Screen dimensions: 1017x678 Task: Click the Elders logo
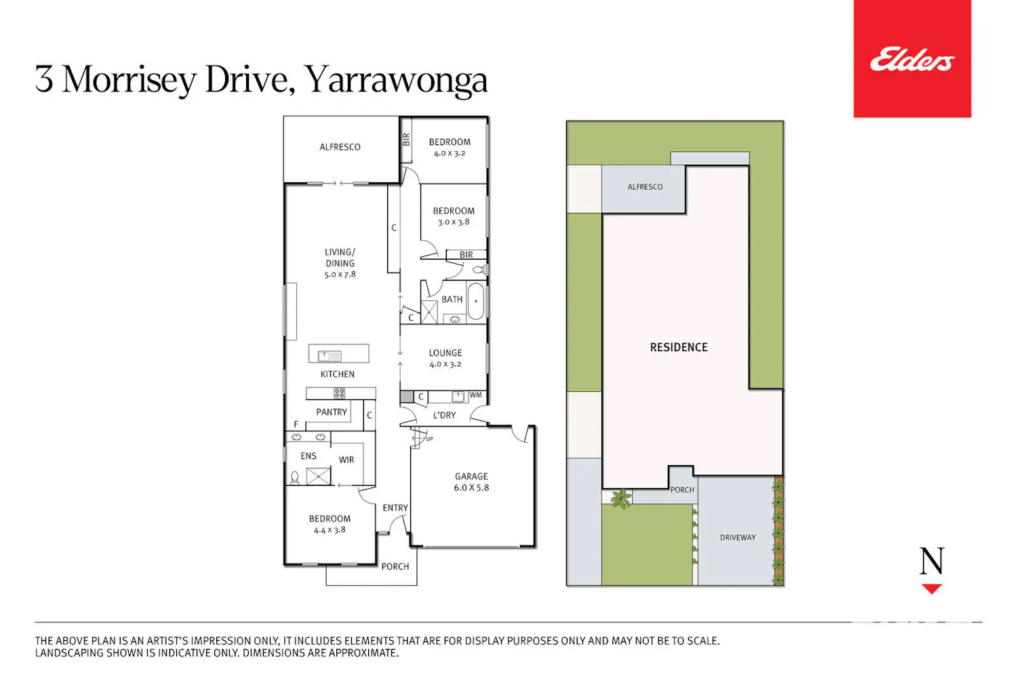point(912,59)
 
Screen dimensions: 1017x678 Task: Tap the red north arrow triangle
point(932,589)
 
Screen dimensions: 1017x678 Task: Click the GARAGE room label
point(471,477)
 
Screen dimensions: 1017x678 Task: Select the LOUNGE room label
point(445,353)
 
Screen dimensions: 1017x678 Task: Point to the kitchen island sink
point(330,356)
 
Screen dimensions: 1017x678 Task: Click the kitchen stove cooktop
point(339,393)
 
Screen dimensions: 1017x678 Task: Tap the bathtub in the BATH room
point(476,301)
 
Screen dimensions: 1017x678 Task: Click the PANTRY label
point(332,412)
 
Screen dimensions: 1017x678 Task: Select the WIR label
point(346,460)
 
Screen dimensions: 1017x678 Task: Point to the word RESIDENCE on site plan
point(679,347)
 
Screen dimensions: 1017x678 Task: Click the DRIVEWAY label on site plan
point(738,537)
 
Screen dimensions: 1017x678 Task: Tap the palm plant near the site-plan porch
point(620,498)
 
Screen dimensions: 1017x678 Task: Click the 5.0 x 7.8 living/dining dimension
point(340,275)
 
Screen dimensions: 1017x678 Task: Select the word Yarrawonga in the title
point(395,81)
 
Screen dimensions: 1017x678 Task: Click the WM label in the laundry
point(475,395)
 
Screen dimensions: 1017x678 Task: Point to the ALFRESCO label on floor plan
point(340,147)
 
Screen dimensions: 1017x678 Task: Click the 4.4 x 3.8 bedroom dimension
point(330,530)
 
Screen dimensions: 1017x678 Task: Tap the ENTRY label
point(395,508)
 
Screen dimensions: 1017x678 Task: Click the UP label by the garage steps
point(429,439)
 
